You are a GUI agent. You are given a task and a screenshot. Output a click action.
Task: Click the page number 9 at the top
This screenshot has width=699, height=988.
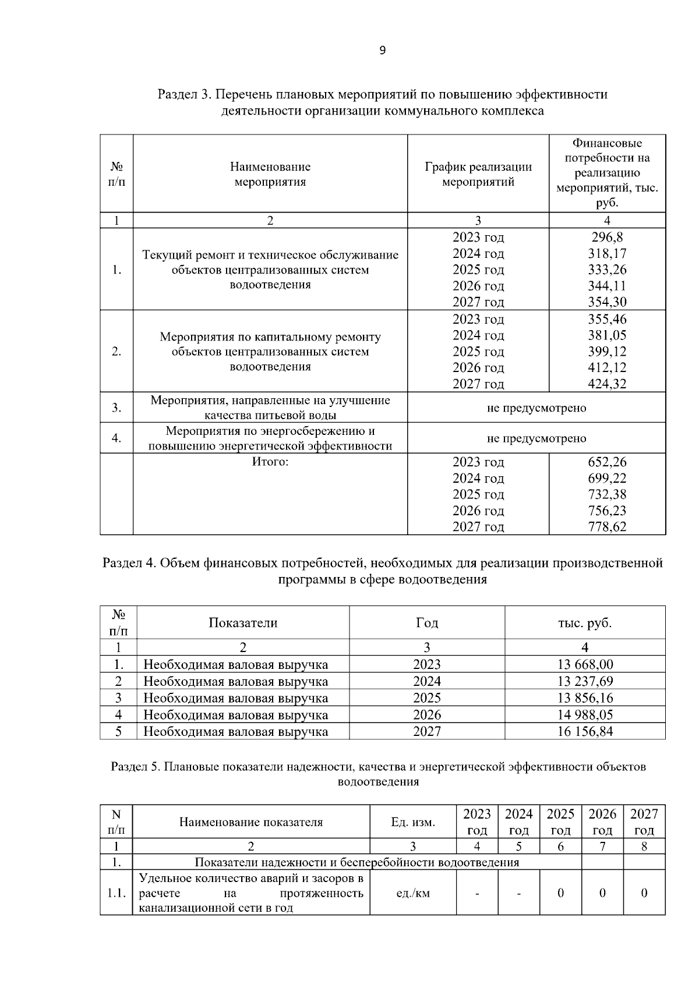pyautogui.click(x=382, y=51)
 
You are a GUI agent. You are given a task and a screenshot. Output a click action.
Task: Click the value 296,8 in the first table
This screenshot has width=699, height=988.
pyautogui.click(x=607, y=238)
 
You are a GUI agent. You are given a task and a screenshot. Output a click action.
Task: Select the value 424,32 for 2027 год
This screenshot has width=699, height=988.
pyautogui.click(x=607, y=384)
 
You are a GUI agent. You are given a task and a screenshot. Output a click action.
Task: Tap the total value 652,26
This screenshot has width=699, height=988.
pyautogui.click(x=607, y=462)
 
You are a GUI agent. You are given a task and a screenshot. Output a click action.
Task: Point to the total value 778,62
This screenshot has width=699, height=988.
pyautogui.click(x=607, y=527)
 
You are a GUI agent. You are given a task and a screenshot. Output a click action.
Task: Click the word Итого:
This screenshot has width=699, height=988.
pyautogui.click(x=270, y=462)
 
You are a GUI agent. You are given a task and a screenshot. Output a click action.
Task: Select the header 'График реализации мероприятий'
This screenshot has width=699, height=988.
pyautogui.click(x=478, y=174)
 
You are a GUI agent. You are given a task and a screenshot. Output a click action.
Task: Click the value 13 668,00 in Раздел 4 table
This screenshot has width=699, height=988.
pyautogui.click(x=585, y=664)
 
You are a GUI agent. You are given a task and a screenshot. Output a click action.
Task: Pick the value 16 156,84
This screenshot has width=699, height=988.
pyautogui.click(x=585, y=731)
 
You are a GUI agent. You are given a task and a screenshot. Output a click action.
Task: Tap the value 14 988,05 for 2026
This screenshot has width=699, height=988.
pyautogui.click(x=585, y=714)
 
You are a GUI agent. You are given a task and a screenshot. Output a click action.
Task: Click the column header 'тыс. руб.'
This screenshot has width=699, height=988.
pyautogui.click(x=585, y=622)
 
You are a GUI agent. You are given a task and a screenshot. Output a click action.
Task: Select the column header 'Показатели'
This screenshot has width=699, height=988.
pyautogui.click(x=243, y=622)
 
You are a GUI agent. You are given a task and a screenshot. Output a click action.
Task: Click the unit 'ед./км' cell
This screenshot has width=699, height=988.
pyautogui.click(x=413, y=893)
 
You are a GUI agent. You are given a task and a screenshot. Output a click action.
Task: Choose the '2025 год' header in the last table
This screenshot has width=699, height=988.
pyautogui.click(x=560, y=821)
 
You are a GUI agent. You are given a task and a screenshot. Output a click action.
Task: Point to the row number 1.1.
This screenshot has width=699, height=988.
pyautogui.click(x=116, y=893)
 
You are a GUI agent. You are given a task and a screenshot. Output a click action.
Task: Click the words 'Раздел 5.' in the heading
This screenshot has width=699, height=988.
pyautogui.click(x=135, y=767)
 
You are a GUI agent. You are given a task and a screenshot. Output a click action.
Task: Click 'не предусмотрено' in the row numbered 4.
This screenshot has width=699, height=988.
pyautogui.click(x=536, y=438)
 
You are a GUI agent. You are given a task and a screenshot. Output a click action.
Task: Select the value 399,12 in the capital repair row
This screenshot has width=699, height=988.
pyautogui.click(x=607, y=352)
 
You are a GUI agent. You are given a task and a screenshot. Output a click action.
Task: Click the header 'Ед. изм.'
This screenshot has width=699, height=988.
pyautogui.click(x=413, y=822)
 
